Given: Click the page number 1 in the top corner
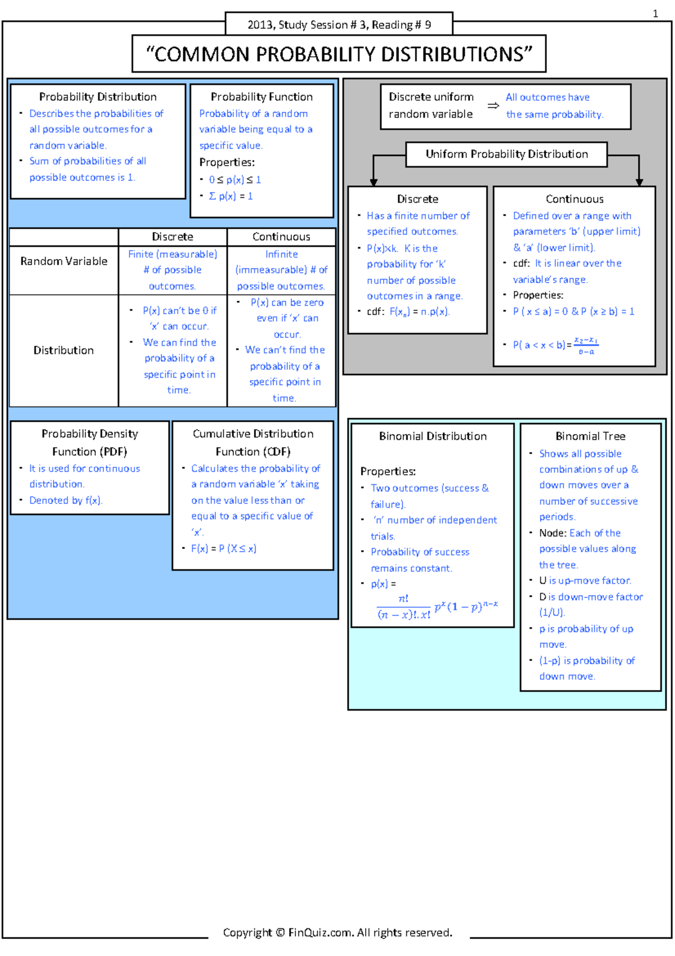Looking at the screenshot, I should pyautogui.click(x=655, y=14).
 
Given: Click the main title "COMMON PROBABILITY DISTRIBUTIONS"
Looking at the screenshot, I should pyautogui.click(x=339, y=54).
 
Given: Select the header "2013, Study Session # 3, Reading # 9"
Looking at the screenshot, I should pyautogui.click(x=339, y=25).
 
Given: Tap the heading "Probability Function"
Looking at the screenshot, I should pyautogui.click(x=262, y=97).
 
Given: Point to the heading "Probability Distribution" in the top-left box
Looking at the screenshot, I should pyautogui.click(x=98, y=97).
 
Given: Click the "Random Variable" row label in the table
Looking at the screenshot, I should pyautogui.click(x=64, y=261).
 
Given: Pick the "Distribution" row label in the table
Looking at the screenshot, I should pyautogui.click(x=64, y=350).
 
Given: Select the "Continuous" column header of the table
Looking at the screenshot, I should pyautogui.click(x=281, y=236).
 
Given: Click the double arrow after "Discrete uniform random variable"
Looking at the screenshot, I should pyautogui.click(x=493, y=106).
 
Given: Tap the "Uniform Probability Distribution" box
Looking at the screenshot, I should pyautogui.click(x=506, y=154).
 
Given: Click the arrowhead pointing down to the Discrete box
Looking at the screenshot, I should pyautogui.click(x=373, y=181).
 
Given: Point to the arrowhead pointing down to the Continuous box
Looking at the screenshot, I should pyautogui.click(x=639, y=181).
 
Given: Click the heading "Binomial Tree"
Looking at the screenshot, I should pyautogui.click(x=590, y=436).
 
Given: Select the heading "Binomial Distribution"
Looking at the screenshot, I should pyautogui.click(x=433, y=436).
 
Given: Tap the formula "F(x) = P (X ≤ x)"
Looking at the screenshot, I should pyautogui.click(x=223, y=548).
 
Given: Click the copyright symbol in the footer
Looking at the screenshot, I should pyautogui.click(x=280, y=932).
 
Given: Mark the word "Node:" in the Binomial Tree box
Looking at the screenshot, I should pyautogui.click(x=552, y=533).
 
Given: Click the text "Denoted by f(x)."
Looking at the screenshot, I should pyautogui.click(x=66, y=500).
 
